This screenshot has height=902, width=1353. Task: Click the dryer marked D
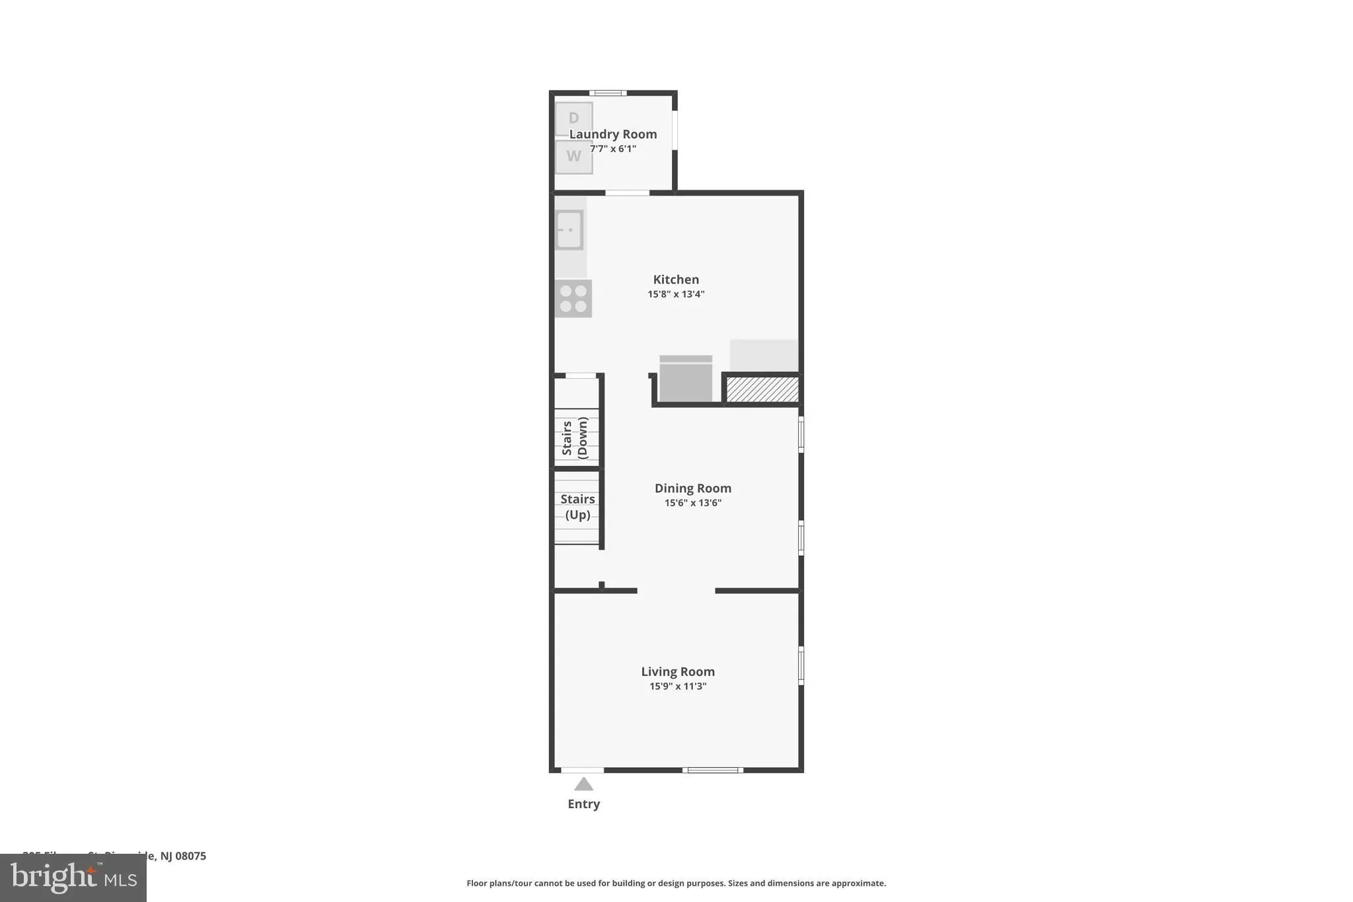click(573, 119)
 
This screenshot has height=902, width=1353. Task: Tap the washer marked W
click(573, 157)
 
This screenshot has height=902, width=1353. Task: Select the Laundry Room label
click(613, 134)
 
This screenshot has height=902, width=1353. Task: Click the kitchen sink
click(569, 230)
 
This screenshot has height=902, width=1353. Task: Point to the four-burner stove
click(573, 299)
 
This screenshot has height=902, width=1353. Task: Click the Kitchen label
click(676, 280)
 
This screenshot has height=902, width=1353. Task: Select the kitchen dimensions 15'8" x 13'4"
click(676, 294)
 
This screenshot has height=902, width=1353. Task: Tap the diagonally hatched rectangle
click(762, 389)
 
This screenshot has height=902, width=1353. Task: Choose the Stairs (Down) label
click(575, 437)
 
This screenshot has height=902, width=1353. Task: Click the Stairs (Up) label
click(577, 507)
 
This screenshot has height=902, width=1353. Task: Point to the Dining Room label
click(692, 488)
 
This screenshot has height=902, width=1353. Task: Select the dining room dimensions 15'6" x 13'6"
click(692, 503)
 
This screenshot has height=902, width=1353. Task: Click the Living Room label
click(678, 671)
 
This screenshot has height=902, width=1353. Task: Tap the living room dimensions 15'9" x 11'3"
click(678, 686)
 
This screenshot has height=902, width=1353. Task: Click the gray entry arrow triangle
click(583, 784)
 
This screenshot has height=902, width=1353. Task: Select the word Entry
click(583, 804)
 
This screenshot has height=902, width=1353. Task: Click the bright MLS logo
click(73, 878)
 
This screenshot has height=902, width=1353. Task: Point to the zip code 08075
click(190, 856)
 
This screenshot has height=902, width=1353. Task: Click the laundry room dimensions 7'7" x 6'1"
click(613, 149)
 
